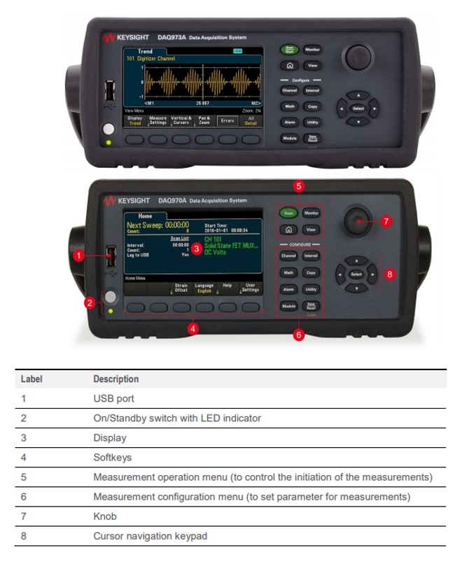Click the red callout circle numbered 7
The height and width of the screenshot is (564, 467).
[x=386, y=221]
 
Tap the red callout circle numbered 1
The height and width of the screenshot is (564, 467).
[x=79, y=256]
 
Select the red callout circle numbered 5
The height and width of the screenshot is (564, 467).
[x=299, y=187]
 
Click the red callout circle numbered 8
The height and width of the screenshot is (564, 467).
[x=390, y=274]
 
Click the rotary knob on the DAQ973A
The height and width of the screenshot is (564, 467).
[x=358, y=57]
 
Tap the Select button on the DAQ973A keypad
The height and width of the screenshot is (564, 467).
[x=358, y=109]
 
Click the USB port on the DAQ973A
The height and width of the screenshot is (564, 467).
[x=109, y=92]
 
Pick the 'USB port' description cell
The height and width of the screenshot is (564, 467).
[x=113, y=398]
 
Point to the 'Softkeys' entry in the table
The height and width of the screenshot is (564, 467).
[x=112, y=457]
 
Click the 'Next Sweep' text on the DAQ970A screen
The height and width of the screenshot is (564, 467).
[x=149, y=226]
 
